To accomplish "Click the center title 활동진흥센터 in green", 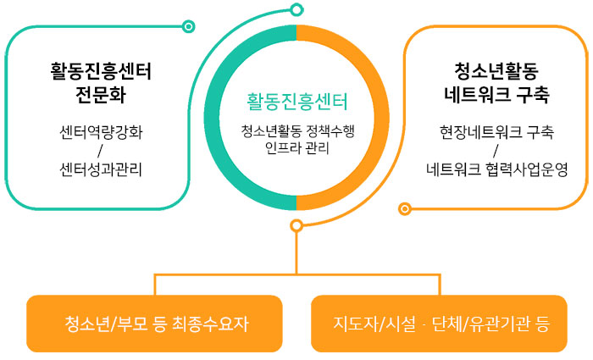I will coord(296,102).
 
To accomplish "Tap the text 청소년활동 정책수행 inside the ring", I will coord(296,131).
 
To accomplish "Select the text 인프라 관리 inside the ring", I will coord(296,148).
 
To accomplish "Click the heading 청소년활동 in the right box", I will coord(496,70).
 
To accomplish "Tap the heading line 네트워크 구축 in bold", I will coord(496,94).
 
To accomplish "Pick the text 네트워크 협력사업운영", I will coord(496,169).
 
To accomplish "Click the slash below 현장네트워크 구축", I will coord(496,151).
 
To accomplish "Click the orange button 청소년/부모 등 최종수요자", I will coord(154,324).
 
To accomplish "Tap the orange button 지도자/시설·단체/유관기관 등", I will coord(439,324).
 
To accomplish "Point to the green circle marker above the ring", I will coord(296,10).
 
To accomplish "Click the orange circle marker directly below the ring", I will coord(296,225).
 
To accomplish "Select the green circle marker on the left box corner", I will coord(188,26).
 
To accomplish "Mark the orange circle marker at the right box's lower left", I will coord(405,208).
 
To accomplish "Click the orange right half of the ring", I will coord(374,119).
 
